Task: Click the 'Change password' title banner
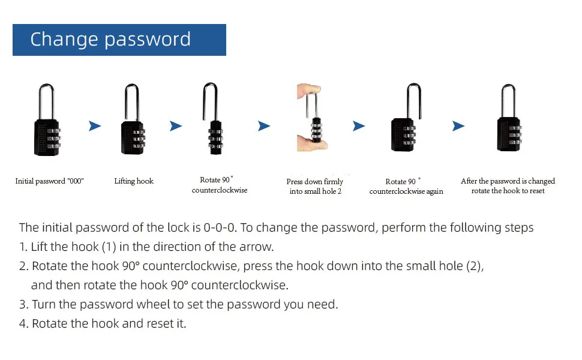tap(119, 40)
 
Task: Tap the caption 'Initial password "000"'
tap(49, 181)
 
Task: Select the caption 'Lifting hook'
tap(134, 181)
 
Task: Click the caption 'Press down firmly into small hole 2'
tap(315, 187)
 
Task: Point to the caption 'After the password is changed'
tap(508, 181)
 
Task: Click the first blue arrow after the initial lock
tap(95, 126)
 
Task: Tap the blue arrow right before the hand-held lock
tap(264, 126)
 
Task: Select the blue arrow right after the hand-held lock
tap(359, 126)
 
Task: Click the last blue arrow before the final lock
tap(458, 126)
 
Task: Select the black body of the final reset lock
tap(509, 134)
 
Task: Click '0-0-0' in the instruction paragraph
tap(220, 227)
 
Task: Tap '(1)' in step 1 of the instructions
tap(109, 247)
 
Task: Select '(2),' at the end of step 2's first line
tap(475, 266)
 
